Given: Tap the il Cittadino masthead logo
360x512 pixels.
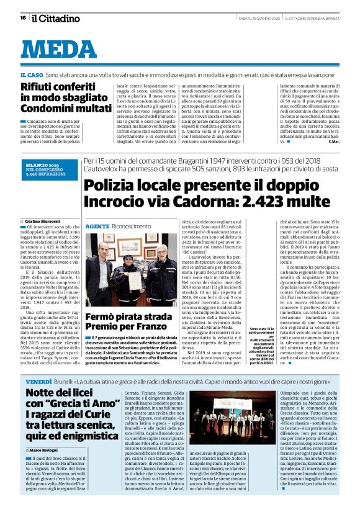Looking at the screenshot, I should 56,18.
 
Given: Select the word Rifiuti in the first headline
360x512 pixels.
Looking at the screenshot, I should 38,86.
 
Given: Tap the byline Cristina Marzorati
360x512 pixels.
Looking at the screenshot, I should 41,221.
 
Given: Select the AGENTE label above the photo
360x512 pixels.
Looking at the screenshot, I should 97,227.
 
